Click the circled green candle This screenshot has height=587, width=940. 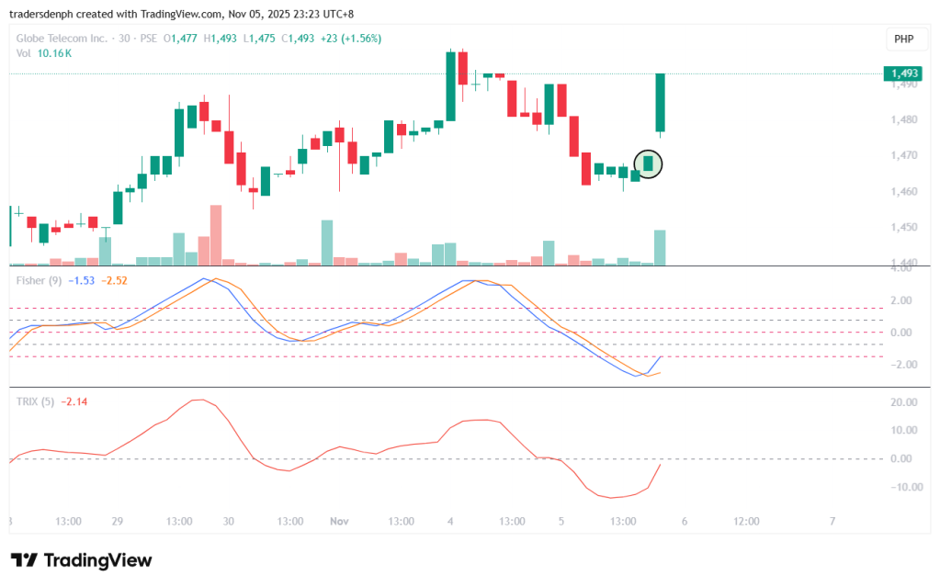coord(648,164)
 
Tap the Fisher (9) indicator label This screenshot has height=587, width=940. coord(39,280)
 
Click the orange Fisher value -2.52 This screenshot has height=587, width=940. coord(114,280)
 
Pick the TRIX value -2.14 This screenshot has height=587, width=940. coord(74,401)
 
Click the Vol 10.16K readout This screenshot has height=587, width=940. coord(44,53)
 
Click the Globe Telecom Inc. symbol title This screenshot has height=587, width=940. coord(61,39)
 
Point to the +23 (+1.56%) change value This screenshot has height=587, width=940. coord(350,39)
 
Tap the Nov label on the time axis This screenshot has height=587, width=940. coord(339,521)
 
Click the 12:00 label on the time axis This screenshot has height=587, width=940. coord(746,521)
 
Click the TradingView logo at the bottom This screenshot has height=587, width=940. coord(81,560)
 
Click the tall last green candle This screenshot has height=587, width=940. coord(660,103)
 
